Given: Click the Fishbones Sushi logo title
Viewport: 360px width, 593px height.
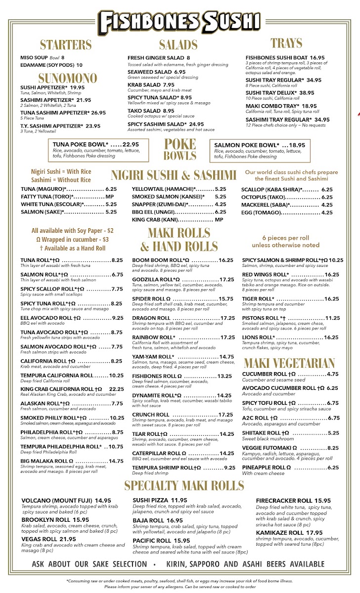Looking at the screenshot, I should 180,21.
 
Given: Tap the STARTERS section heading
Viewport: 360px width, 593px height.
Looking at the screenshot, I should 66,45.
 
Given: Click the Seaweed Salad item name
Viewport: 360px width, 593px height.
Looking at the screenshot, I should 150,72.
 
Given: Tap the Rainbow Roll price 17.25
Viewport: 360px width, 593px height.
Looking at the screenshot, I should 227,338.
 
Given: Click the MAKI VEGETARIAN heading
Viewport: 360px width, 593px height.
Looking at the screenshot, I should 289,364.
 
